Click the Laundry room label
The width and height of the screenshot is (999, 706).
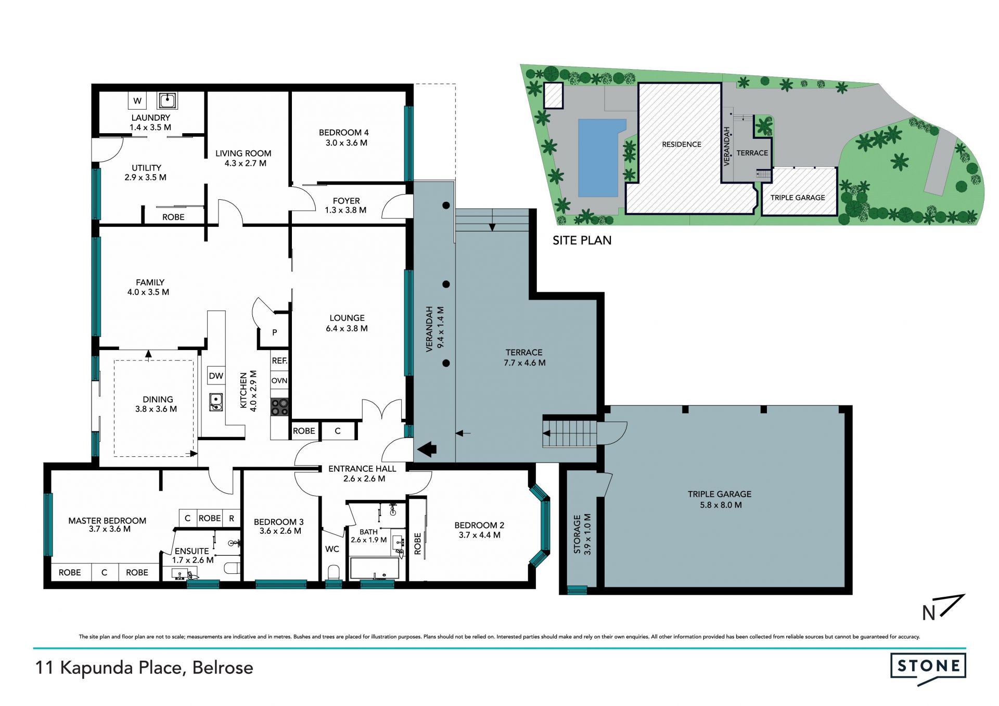pos(150,118)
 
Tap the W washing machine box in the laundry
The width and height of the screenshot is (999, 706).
pos(137,100)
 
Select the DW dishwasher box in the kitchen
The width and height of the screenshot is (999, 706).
pos(216,376)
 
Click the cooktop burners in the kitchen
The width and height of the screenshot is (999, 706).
pos(279,407)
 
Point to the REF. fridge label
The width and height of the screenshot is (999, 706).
pos(279,361)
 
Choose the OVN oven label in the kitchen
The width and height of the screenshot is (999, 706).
pos(279,380)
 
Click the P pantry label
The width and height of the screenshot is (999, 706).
pos(274,332)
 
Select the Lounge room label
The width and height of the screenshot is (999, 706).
pos(347,318)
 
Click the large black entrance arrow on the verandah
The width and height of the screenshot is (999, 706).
pos(427,449)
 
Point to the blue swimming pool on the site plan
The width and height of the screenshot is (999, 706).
pos(600,158)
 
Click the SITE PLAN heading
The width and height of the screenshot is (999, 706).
pos(582,240)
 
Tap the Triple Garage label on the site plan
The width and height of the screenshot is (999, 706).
pos(798,198)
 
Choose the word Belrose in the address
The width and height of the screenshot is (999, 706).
pos(223,668)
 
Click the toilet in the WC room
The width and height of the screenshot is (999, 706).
pos(334,572)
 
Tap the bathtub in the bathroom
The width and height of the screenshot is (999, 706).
pos(375,568)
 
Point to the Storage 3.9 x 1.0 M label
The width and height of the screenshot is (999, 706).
pos(582,534)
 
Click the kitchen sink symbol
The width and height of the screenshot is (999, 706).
pos(216,402)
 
